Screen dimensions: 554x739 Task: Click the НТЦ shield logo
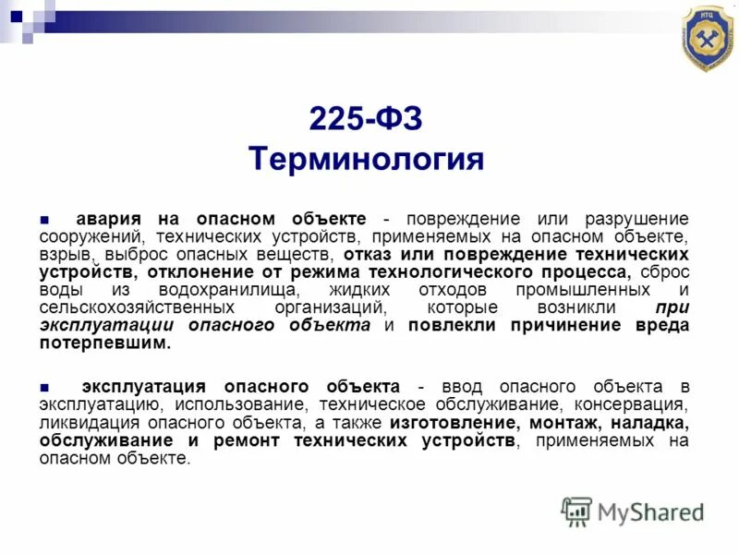tap(708, 38)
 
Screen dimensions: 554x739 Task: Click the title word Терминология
tap(366, 158)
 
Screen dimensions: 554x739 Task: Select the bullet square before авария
tap(43, 220)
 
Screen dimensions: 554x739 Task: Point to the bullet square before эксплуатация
tap(43, 386)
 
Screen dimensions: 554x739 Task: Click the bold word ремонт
tap(249, 440)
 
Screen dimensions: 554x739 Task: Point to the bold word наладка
tap(646, 422)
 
